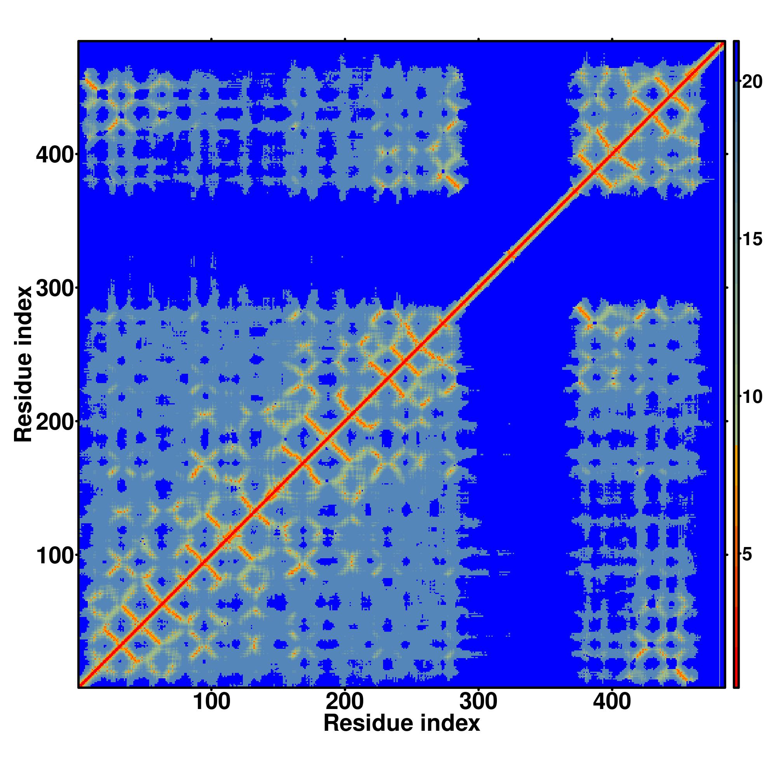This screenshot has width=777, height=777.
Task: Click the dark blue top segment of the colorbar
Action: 736,60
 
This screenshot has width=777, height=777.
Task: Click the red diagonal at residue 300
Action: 479,288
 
